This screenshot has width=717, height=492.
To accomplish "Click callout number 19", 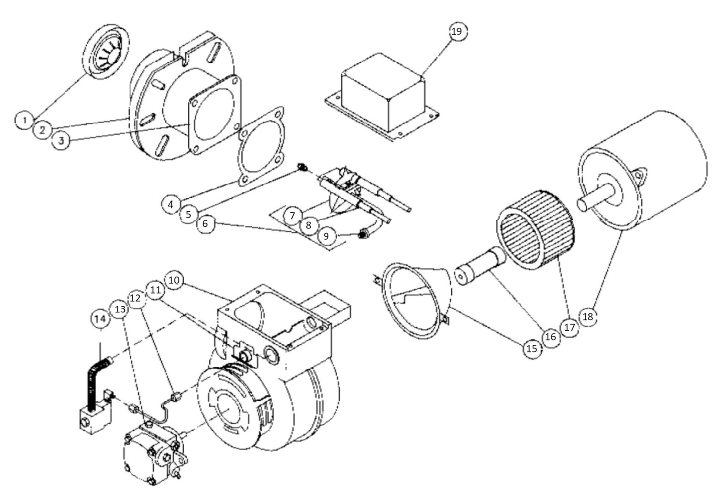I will tap(456, 31).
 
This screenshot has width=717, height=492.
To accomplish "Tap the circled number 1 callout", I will tap(24, 121).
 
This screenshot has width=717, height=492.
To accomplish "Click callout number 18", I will tap(587, 316).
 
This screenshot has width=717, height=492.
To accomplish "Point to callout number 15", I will tap(532, 348).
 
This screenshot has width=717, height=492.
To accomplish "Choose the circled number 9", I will tap(326, 236).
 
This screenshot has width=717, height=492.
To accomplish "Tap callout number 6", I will tap(205, 224).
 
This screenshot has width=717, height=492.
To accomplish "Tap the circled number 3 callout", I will tap(61, 140).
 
